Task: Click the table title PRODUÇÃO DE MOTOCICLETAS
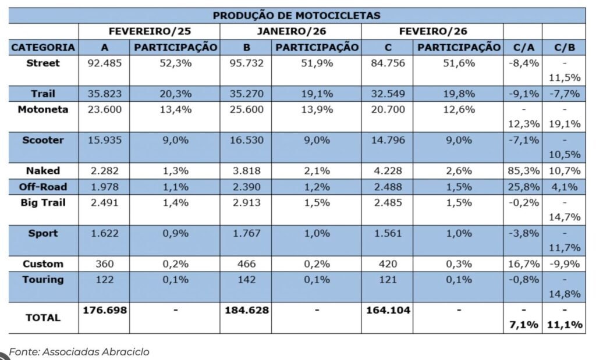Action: [297, 15]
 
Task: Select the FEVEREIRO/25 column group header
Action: [149, 31]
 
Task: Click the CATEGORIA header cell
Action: [43, 47]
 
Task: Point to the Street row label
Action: [43, 63]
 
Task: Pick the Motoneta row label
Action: [43, 109]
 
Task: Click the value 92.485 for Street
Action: [104, 63]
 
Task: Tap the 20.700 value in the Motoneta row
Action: [386, 109]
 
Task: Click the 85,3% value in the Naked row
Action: [522, 171]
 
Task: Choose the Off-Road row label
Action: [43, 187]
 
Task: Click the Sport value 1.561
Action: [386, 233]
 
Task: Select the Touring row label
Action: [43, 279]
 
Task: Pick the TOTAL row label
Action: [43, 318]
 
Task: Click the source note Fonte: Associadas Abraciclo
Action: [80, 351]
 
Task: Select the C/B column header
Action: [563, 47]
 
